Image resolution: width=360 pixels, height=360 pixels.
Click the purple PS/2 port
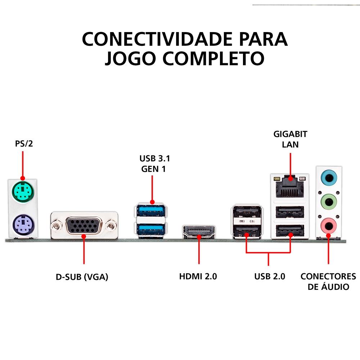pos(22,225)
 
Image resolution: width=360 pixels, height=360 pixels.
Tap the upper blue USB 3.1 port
pos(151,210)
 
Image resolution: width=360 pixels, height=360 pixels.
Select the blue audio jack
pos(328,177)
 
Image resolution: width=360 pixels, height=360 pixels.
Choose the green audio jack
pos(328,201)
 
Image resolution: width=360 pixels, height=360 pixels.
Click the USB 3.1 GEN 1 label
pos(153,164)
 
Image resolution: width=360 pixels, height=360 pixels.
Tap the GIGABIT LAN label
pos(290,139)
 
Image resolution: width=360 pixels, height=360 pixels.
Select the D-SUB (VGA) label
pos(82,277)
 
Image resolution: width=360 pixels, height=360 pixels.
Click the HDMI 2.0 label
pos(198,277)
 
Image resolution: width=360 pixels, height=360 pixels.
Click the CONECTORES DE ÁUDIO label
pos(328,282)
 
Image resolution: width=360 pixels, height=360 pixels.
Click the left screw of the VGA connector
pos(57,226)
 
